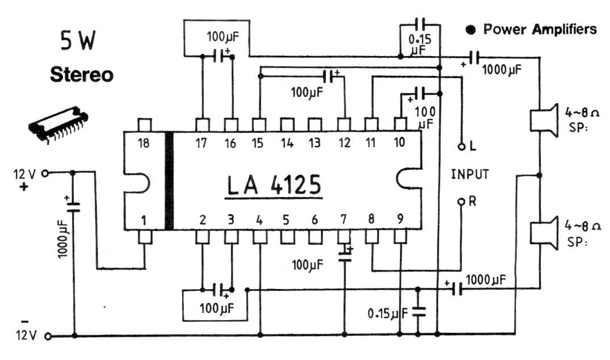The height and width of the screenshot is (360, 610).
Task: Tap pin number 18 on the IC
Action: [x=145, y=144]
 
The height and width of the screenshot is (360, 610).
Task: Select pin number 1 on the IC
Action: [x=145, y=219]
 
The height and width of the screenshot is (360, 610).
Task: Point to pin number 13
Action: [x=314, y=144]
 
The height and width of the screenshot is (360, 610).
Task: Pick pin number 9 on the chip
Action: [x=400, y=219]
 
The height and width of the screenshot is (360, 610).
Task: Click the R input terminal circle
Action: [x=462, y=202]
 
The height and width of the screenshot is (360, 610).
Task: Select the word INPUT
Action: [x=469, y=174]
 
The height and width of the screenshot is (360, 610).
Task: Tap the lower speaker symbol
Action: [x=542, y=232]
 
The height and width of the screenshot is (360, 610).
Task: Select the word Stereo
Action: [x=81, y=75]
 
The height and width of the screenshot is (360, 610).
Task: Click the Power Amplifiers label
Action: [x=539, y=29]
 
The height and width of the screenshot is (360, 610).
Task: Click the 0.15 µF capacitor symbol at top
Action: [x=420, y=24]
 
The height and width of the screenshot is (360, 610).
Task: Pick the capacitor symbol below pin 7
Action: [x=344, y=255]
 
